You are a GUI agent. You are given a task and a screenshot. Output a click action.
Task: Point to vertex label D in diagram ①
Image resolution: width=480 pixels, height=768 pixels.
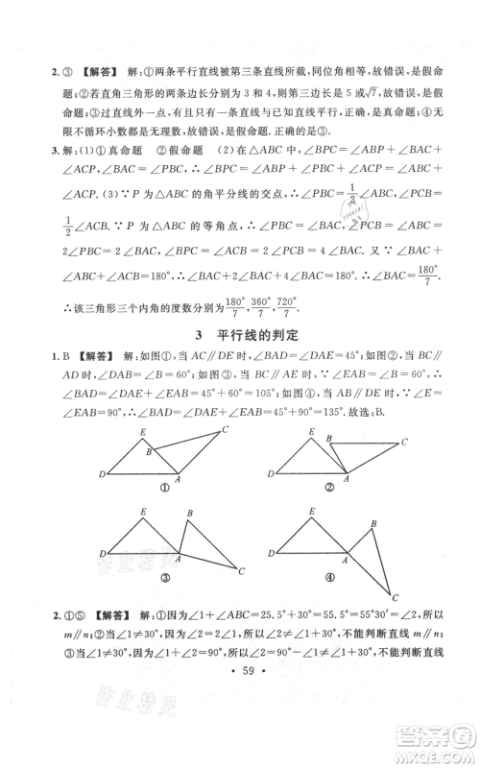pos(102,474)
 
